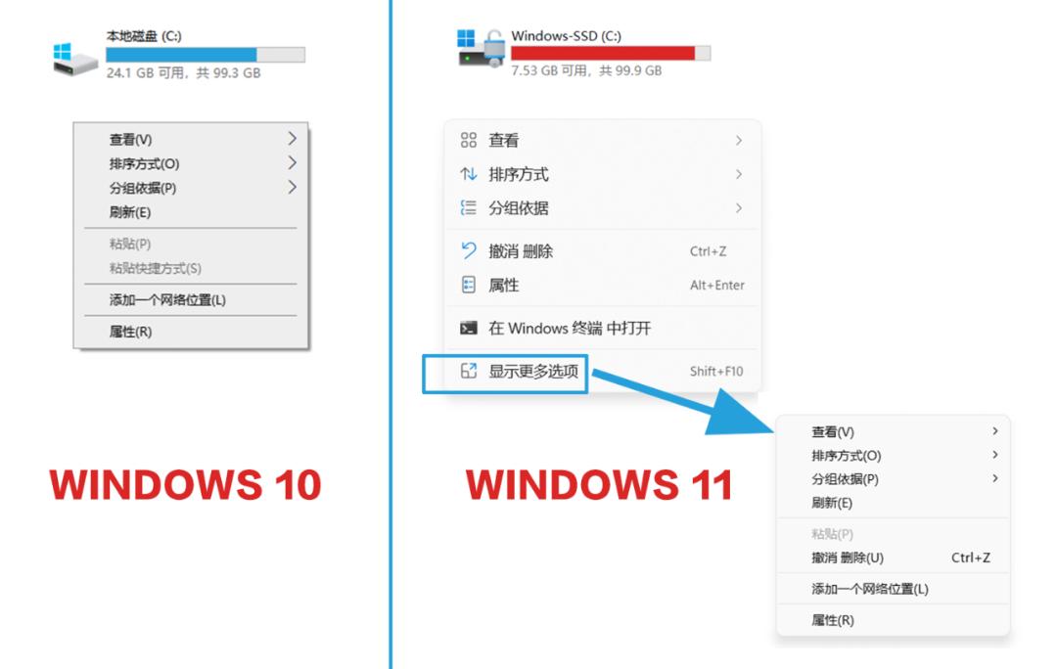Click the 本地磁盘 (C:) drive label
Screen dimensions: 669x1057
[x=143, y=36]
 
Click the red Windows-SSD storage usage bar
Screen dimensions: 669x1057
[x=603, y=53]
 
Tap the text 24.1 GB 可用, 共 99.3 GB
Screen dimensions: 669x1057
[x=183, y=72]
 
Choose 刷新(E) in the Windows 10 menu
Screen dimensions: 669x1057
[x=130, y=212]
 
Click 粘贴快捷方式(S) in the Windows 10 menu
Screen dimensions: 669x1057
[x=155, y=268]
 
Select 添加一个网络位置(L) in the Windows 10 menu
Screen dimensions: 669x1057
[x=167, y=300]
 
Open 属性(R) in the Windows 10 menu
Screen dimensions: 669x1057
[x=130, y=332]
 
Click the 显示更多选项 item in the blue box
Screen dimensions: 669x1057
[x=533, y=372]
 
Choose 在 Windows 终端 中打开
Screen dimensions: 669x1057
[x=570, y=329]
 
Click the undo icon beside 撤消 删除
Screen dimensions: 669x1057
[x=469, y=251]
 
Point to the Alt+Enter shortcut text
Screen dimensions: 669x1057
[x=716, y=286]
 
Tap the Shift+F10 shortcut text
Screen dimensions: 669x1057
[x=716, y=372]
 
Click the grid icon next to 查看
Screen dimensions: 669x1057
[x=469, y=141]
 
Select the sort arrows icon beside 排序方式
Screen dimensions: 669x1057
[x=469, y=175]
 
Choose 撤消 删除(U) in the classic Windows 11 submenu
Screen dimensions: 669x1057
[x=848, y=557]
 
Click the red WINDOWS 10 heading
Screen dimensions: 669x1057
[x=185, y=486]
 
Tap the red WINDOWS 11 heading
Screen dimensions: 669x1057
[x=599, y=486]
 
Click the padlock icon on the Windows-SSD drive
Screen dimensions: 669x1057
[x=493, y=46]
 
